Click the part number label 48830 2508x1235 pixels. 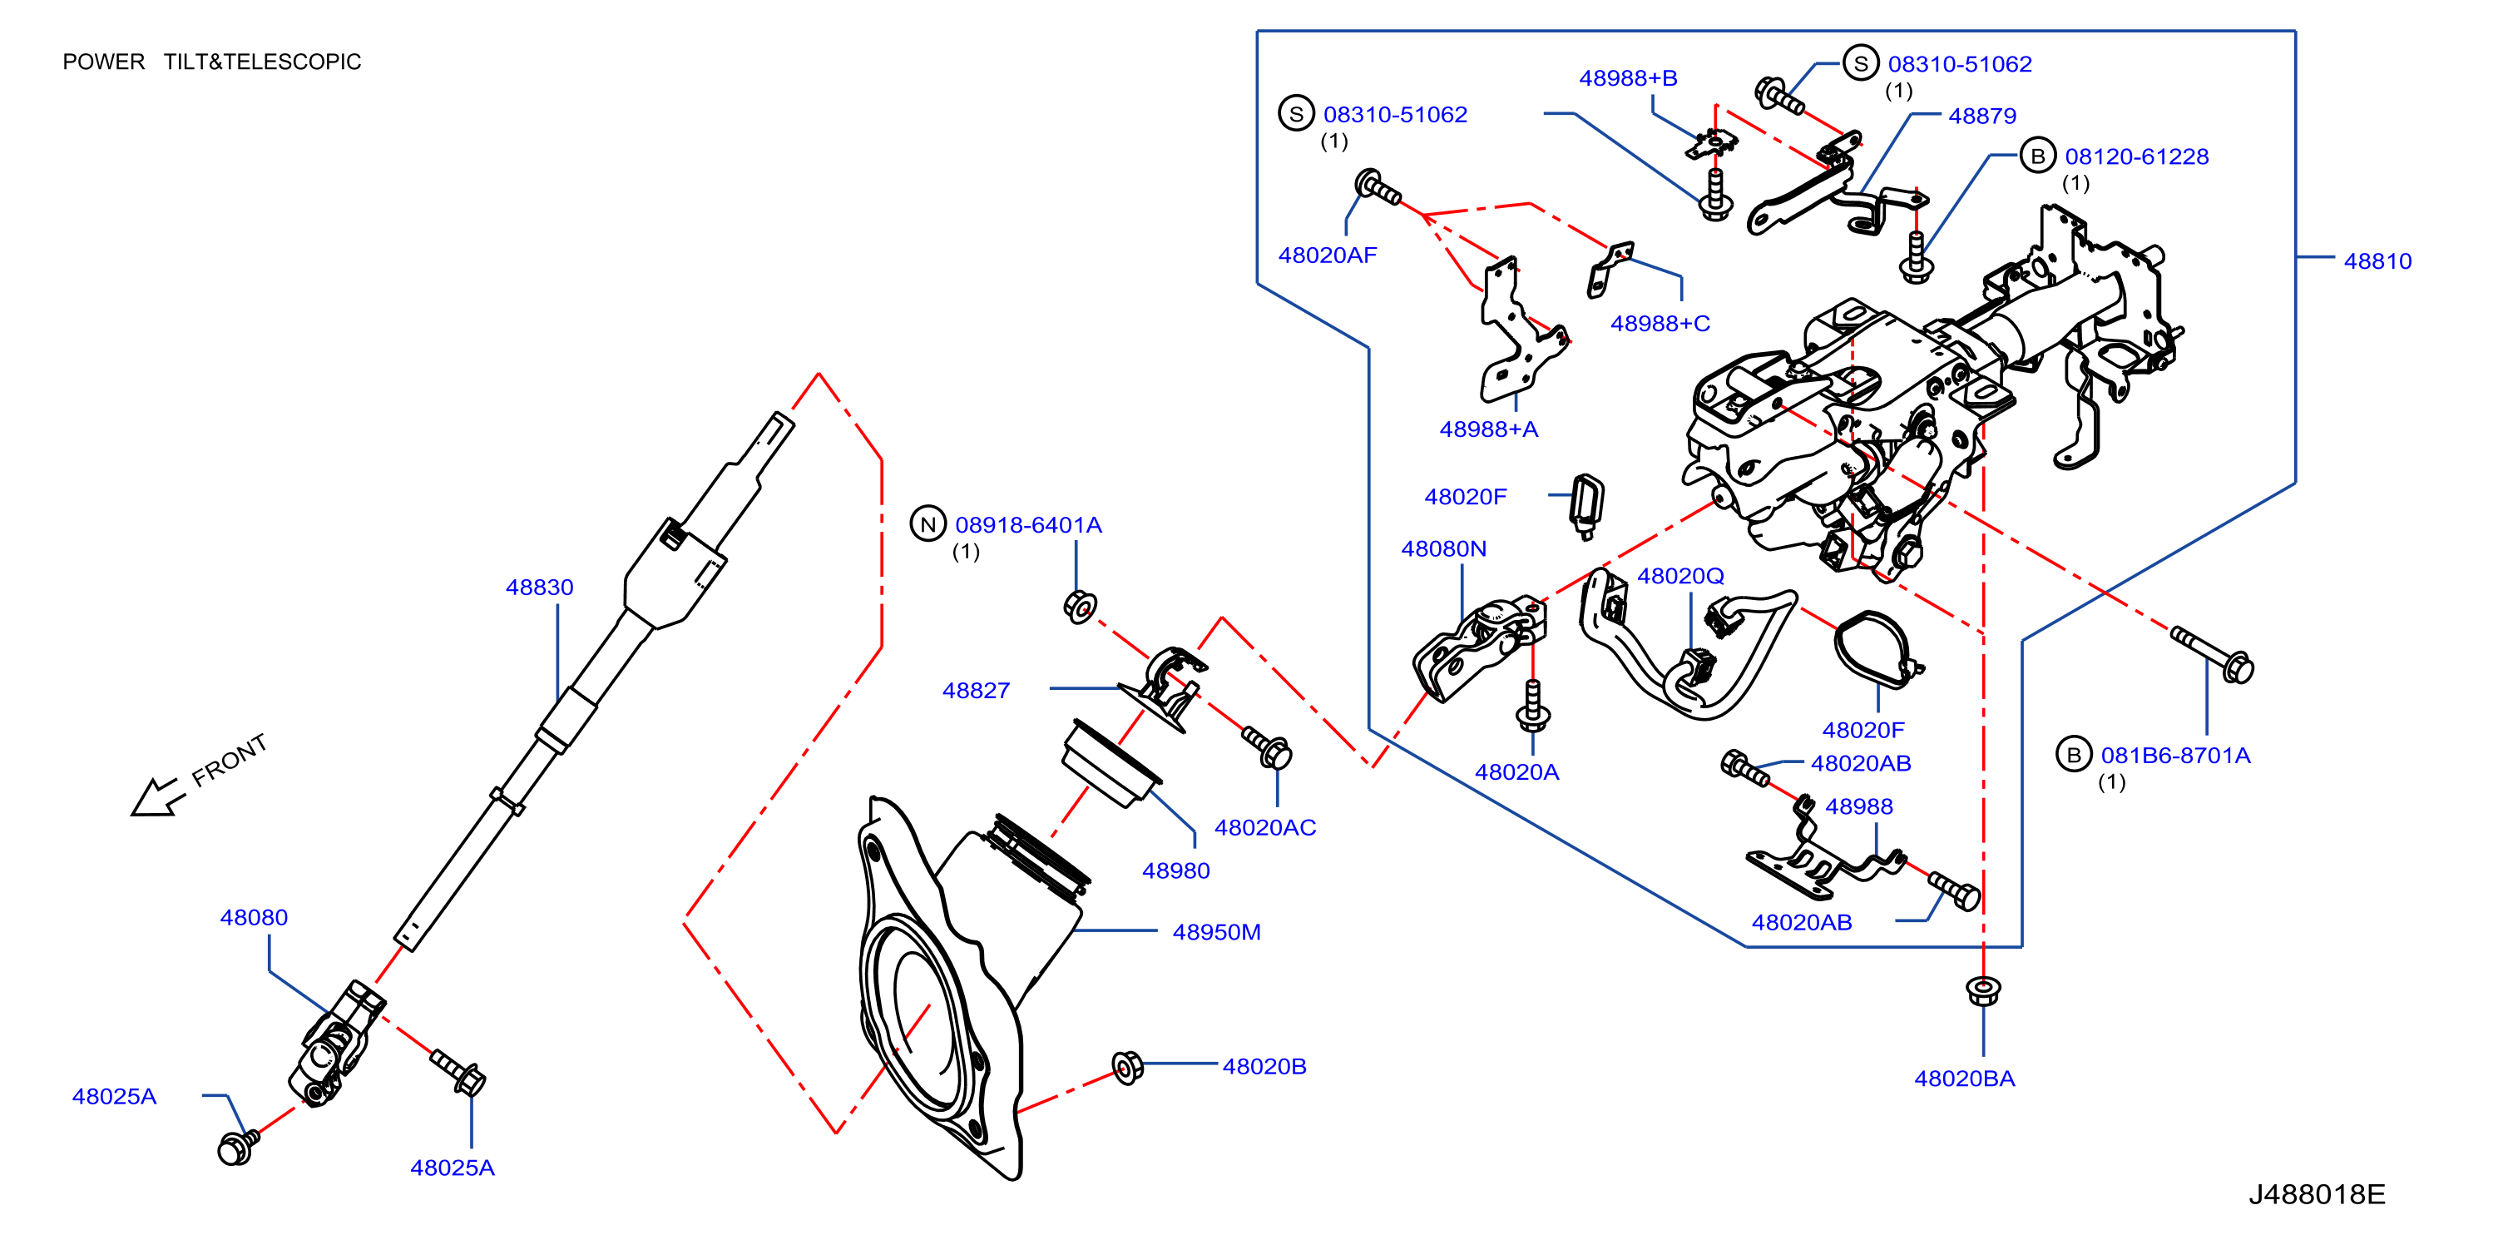539,588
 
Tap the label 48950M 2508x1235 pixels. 1216,932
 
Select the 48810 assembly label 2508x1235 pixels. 2377,261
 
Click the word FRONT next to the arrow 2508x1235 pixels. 229,760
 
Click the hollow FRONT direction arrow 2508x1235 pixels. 156,796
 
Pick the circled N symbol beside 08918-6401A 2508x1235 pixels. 928,524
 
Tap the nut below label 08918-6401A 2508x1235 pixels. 1080,607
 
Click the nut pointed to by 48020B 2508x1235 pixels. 1126,1067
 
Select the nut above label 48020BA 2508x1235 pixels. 1983,991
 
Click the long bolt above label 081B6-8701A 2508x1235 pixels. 2212,653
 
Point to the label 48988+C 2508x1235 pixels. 1660,324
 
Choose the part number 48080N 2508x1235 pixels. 1444,549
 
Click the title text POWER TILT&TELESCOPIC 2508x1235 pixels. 211,62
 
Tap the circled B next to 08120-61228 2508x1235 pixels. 2038,156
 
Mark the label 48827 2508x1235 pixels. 976,691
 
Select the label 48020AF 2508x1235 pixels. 1327,255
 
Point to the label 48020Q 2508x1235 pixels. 1680,576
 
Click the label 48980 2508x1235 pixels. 1176,870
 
